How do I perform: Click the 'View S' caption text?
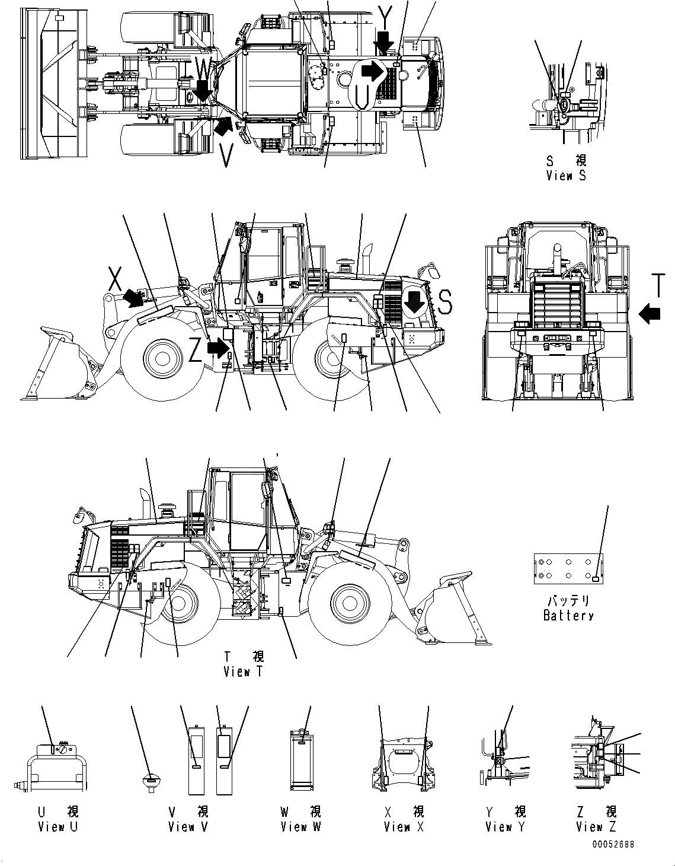click(565, 176)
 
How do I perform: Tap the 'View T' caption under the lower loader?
click(244, 671)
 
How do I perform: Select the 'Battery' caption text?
click(568, 615)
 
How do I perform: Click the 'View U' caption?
click(58, 826)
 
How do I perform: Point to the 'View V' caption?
click(188, 826)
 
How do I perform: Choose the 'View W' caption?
click(300, 826)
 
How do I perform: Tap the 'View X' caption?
click(404, 826)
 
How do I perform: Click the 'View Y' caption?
click(505, 826)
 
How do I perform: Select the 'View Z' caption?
click(596, 826)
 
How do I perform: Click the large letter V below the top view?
click(226, 155)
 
